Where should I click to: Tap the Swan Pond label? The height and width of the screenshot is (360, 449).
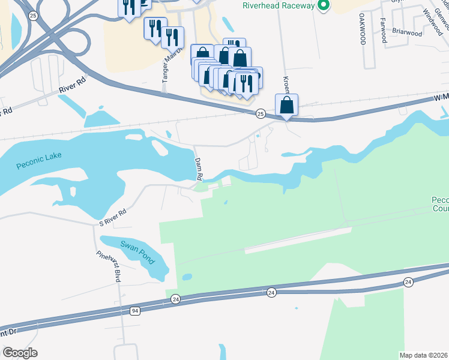(x=137, y=251)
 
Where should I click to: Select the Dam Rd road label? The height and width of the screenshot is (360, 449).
(x=199, y=169)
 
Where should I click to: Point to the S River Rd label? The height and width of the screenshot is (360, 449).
(x=113, y=218)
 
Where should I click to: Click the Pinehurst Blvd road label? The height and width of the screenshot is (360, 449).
(x=110, y=266)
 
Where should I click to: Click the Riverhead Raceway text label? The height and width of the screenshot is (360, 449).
(x=279, y=5)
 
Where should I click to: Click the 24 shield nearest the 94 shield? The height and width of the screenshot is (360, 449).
(x=175, y=298)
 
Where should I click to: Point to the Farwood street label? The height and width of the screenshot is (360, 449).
(x=382, y=29)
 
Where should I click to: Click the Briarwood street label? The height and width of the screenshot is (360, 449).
(x=407, y=34)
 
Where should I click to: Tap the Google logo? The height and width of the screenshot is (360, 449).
(x=19, y=353)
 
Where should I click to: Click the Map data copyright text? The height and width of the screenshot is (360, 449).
(x=424, y=355)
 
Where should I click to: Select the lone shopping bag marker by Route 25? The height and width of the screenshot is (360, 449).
(x=287, y=106)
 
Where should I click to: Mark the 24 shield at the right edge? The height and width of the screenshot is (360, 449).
(x=408, y=281)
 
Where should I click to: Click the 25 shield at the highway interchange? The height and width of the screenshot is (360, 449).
(x=34, y=15)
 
